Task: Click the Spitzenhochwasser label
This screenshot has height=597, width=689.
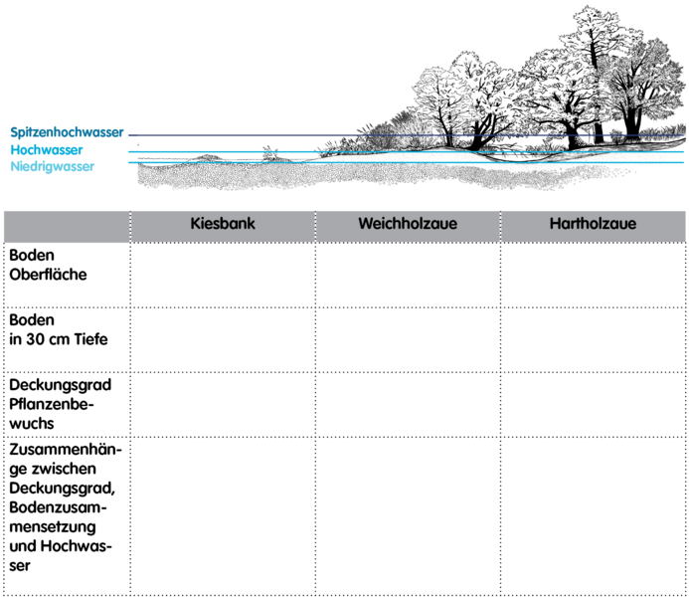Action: pos(67,132)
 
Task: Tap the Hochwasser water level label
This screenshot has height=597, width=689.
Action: pos(47,150)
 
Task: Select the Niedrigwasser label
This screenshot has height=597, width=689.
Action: pos(53,166)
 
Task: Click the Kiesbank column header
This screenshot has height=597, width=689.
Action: pos(223,223)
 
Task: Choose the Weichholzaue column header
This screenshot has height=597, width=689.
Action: pos(408,223)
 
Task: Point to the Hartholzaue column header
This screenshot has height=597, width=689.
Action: pos(593,223)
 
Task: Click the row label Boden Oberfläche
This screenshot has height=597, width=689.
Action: pos(48,265)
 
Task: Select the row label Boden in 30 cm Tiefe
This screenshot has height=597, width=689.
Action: pos(58,329)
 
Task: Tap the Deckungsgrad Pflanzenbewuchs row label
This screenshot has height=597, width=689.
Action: pos(61,404)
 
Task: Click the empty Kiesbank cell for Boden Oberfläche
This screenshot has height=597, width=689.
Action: pos(223,275)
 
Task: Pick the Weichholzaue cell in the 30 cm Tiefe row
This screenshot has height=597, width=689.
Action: pos(408,339)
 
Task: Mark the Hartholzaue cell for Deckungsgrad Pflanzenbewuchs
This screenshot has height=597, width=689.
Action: pos(593,404)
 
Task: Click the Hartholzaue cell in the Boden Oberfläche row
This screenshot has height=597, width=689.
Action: pos(593,275)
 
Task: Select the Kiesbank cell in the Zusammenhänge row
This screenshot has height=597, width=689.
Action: pos(223,516)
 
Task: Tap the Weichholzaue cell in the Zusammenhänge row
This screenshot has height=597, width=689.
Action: pos(408,516)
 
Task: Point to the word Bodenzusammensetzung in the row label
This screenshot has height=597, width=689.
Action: pos(58,517)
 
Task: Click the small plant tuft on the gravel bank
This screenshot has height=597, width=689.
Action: pos(270,154)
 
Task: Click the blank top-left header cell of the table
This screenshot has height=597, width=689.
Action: pos(67,227)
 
